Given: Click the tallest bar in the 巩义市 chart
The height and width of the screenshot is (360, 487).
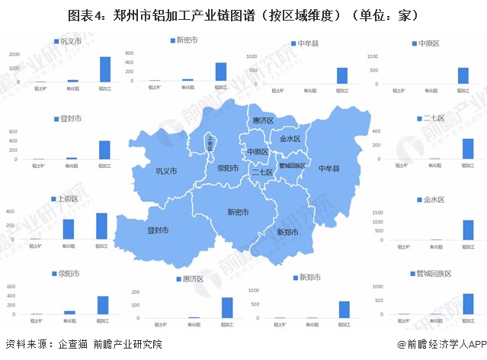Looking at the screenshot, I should click(x=104, y=69).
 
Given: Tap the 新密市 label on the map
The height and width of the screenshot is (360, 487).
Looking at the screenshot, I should click(x=238, y=212).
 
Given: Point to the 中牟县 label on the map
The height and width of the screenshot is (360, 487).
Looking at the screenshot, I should click(x=328, y=168).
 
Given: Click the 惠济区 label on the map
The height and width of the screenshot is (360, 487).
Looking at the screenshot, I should click(x=263, y=121).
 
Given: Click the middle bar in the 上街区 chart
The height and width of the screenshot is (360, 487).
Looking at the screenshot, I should click(x=69, y=230).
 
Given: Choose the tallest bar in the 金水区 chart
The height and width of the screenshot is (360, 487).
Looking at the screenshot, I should click(x=467, y=230).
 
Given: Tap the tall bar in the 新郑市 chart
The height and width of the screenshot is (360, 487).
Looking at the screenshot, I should click(x=344, y=309).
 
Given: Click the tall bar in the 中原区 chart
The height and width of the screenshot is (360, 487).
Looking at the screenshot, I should click(x=463, y=76).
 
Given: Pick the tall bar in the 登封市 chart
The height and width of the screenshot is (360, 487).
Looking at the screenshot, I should click(x=104, y=150).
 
